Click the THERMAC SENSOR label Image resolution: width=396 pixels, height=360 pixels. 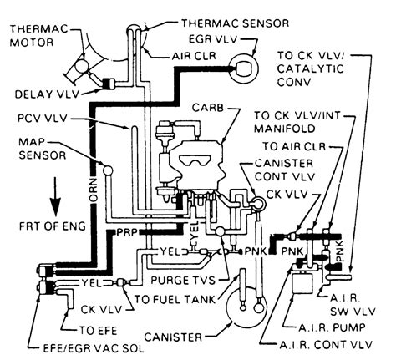point(236,23)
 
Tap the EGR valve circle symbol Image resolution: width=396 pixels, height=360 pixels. point(244,69)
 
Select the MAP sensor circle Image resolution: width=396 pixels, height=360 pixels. point(108,170)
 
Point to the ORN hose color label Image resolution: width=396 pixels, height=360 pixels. point(93,190)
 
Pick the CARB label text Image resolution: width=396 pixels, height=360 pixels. point(208,108)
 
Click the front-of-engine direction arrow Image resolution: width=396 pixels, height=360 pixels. point(55,196)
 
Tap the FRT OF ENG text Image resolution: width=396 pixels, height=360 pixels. point(53,226)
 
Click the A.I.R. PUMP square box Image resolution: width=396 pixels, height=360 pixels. point(303,283)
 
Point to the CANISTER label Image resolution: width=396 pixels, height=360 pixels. point(173,337)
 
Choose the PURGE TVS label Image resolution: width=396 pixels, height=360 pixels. point(183,281)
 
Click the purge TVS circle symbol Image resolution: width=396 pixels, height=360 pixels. point(221,231)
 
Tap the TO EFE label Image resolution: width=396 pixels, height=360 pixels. point(99,331)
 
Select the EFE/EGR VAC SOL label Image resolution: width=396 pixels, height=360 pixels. point(94,348)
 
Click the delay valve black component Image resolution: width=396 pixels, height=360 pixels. point(108,84)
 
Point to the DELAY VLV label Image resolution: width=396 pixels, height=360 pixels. point(47,94)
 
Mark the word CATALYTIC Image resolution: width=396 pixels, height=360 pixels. point(311,68)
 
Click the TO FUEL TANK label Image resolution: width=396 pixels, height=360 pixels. point(175,299)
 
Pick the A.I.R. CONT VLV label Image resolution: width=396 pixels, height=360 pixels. point(326,345)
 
